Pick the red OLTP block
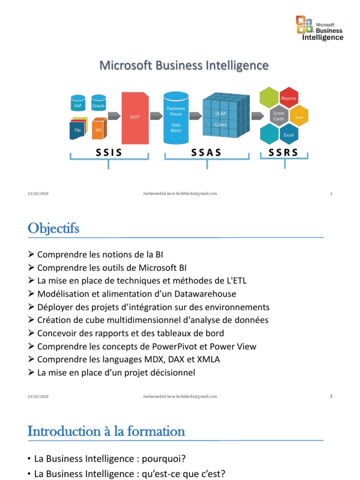tap(135, 118)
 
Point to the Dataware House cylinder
tap(176, 118)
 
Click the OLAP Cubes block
tap(220, 118)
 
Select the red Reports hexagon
tap(288, 98)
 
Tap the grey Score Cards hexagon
tap(279, 116)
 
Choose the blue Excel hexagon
tap(288, 135)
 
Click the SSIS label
tap(109, 152)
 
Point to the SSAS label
tap(206, 152)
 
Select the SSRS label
tap(283, 152)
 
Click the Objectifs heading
tap(53, 229)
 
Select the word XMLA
tap(209, 360)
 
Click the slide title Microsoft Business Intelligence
tap(184, 65)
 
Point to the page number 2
tap(331, 396)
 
